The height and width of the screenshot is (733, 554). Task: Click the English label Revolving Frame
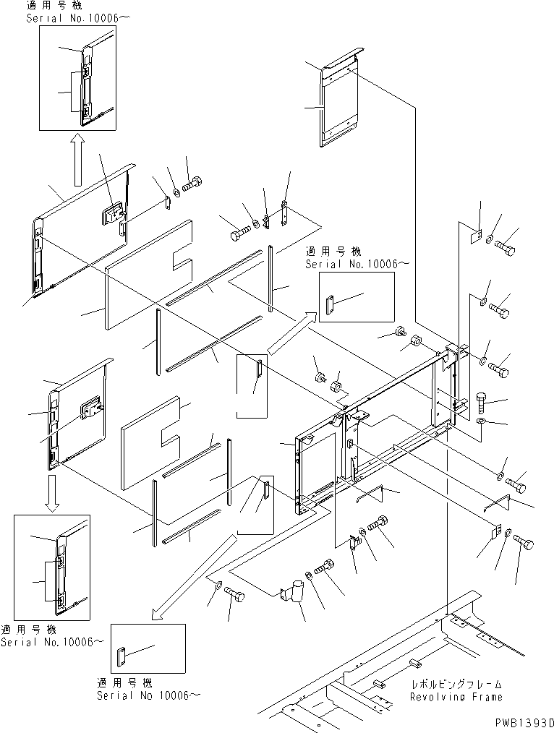(x=456, y=697)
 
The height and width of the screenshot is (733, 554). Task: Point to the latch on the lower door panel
(x=90, y=410)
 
